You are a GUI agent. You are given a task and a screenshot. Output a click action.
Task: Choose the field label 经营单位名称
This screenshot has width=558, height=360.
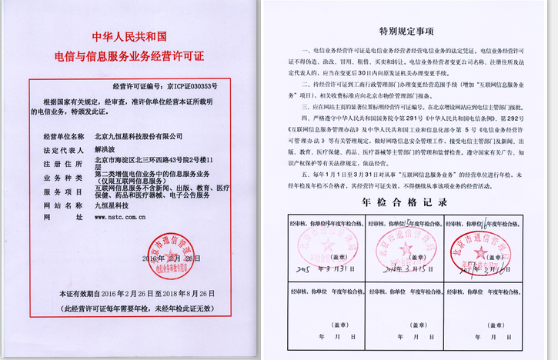tap(61, 135)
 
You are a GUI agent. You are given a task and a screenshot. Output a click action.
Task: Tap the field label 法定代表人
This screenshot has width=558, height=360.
tap(61, 151)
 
